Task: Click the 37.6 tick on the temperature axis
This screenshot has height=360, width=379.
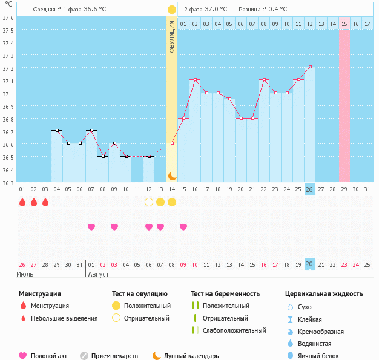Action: [8, 18]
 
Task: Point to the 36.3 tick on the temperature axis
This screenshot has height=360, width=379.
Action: [8, 183]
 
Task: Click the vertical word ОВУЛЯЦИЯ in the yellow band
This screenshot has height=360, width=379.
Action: [172, 36]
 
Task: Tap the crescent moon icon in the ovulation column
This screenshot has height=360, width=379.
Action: [172, 176]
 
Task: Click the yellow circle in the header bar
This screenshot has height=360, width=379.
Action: [172, 10]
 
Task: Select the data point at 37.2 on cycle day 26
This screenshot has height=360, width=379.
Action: [310, 67]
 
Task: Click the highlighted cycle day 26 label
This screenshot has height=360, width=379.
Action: [310, 189]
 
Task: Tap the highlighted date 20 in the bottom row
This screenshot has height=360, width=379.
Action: [310, 264]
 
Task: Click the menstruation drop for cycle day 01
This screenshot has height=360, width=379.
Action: [22, 202]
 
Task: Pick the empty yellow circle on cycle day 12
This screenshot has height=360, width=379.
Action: [149, 202]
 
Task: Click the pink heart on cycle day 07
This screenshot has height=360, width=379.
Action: [91, 227]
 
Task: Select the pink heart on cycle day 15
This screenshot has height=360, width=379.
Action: [183, 227]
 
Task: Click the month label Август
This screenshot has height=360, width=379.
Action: [99, 274]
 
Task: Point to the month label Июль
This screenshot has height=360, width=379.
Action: [25, 274]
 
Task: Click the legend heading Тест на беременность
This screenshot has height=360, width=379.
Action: [225, 294]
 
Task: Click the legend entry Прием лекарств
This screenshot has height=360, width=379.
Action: [114, 356]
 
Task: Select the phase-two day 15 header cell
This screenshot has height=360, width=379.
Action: [344, 24]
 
